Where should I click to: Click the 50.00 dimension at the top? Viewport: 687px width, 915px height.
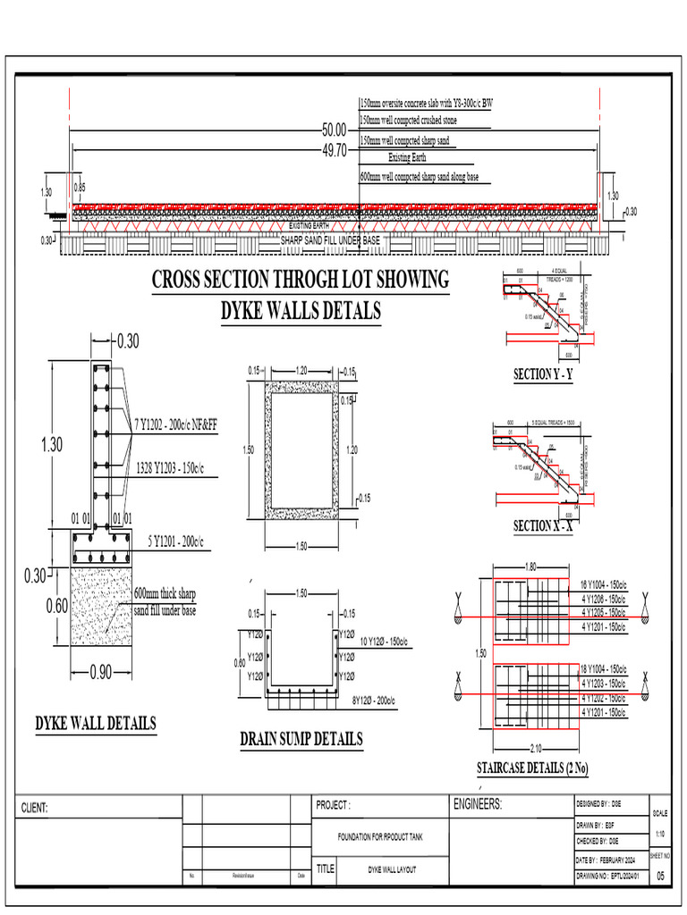point(334,130)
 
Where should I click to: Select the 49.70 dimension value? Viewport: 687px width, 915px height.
point(334,151)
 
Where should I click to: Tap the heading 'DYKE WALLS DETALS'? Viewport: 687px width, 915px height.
point(301,311)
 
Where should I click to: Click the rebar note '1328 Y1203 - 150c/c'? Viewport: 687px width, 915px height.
point(170,467)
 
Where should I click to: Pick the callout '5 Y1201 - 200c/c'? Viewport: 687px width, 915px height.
point(175,541)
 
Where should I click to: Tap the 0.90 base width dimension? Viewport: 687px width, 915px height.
point(99,673)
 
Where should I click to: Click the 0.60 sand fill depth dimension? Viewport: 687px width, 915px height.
point(56,606)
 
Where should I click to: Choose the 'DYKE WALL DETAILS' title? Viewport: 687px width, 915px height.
point(96,723)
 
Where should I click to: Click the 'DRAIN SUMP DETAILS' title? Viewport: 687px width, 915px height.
point(301,738)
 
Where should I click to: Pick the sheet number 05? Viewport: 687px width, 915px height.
point(661,877)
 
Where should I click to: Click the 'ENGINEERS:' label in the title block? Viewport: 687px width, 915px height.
point(479,804)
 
